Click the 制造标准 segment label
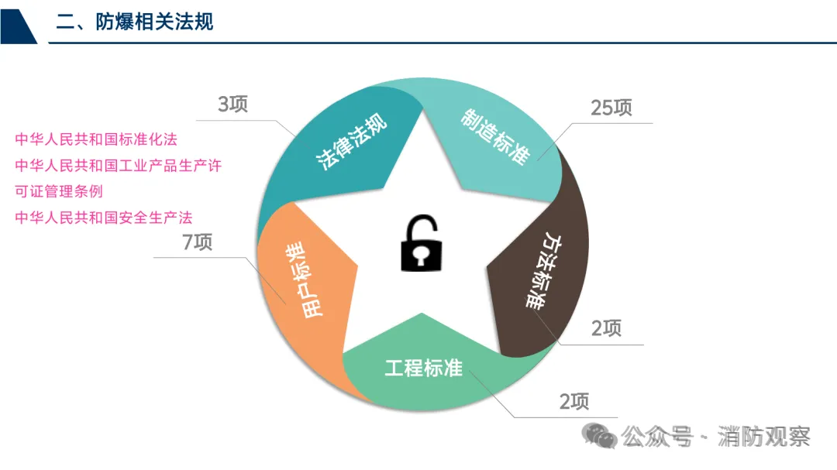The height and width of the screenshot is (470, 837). pos(495,136)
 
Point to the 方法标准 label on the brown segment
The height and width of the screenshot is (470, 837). pos(542,271)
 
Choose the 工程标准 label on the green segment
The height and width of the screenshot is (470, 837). pos(424,369)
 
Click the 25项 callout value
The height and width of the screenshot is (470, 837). pos(611,108)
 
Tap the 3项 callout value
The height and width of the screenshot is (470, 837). pos(232,105)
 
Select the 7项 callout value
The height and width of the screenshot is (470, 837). pos(197,242)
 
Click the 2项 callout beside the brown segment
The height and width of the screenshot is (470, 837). pos(606,328)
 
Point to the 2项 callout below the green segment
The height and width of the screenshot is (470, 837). pos(574,401)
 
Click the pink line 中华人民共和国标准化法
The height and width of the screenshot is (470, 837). pos(96,140)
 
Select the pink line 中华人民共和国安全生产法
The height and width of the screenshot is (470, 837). pos(104,218)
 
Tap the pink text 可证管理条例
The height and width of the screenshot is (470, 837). pos(59,191)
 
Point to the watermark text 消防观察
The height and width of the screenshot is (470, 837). pos(764,437)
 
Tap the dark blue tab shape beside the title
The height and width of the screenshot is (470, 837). pos(17,22)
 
